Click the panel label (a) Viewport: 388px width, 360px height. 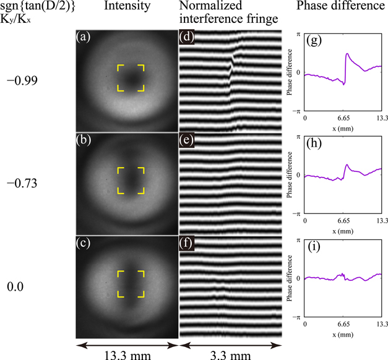coord(83,37)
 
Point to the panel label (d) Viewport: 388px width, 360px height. coord(186,37)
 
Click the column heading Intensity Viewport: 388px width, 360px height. coord(126,7)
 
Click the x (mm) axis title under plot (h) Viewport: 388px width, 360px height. coord(344,229)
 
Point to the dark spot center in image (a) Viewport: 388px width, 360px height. coord(130,79)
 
